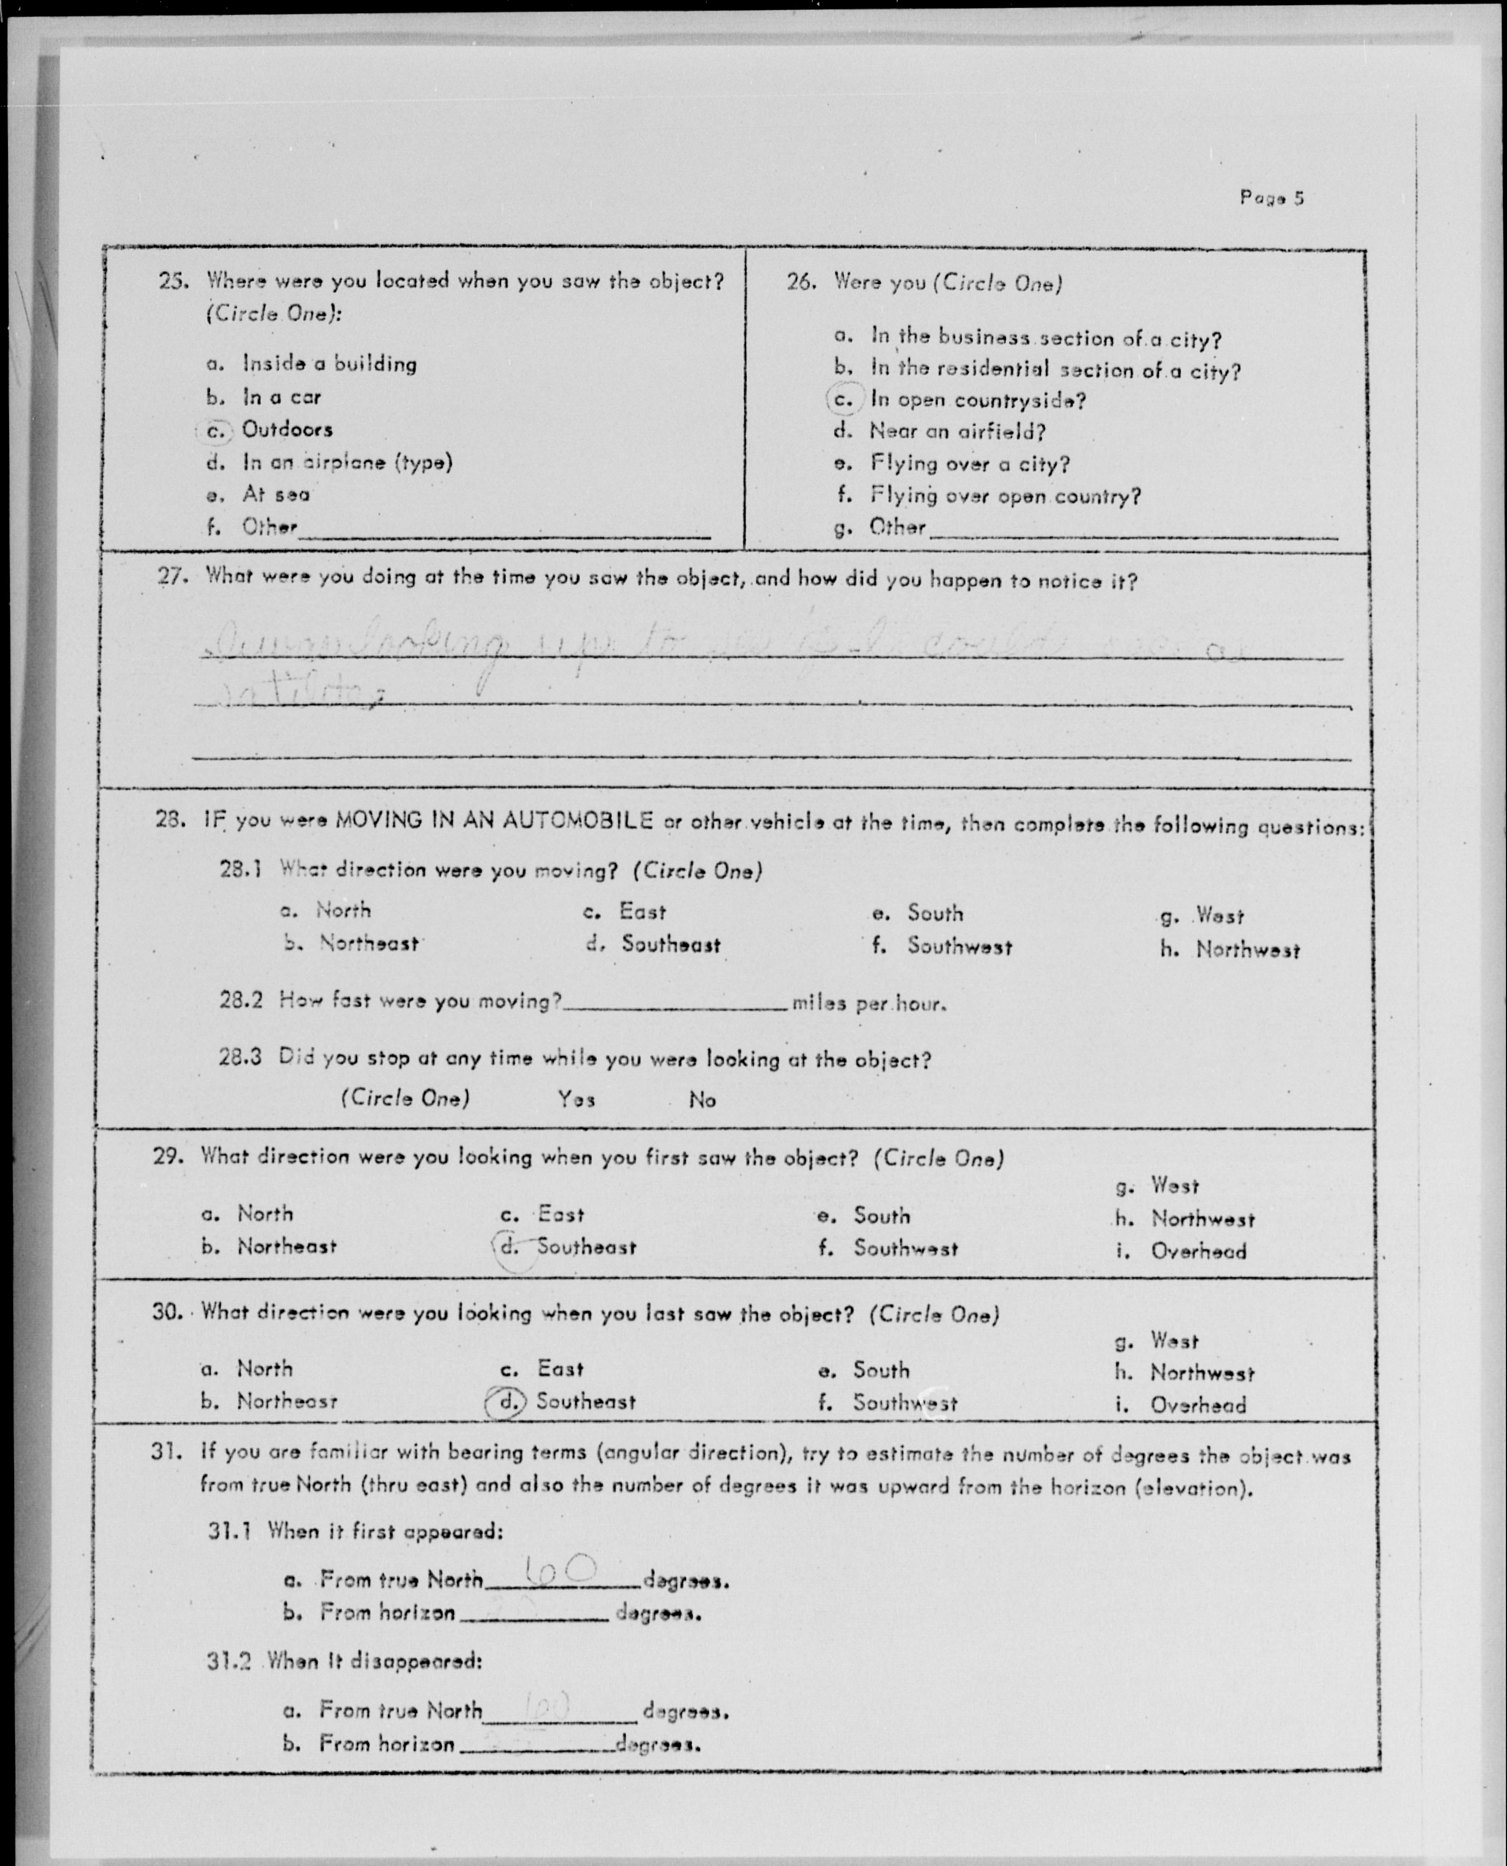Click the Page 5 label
point(1272,198)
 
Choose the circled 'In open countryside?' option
point(978,400)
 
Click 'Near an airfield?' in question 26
point(958,431)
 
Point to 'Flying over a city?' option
point(970,463)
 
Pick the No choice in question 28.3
point(702,1100)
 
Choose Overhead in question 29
point(1198,1251)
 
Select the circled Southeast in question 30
point(585,1401)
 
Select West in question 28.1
point(1219,915)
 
